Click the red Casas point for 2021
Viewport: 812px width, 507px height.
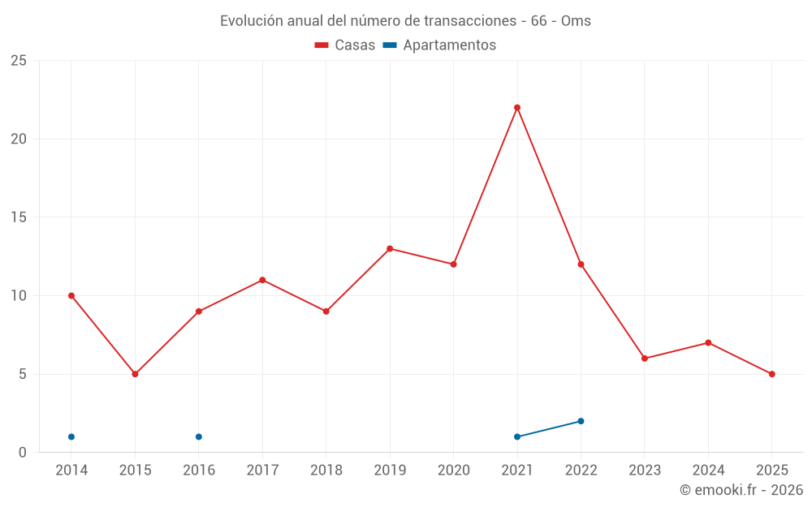pos(517,108)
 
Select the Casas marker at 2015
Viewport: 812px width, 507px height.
pos(135,374)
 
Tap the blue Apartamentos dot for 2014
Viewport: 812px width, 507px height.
pos(71,436)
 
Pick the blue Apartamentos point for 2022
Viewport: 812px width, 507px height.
pos(581,421)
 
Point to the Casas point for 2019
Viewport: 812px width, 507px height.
pos(390,248)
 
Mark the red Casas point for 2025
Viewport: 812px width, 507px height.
pos(771,374)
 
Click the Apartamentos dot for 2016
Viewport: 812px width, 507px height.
pos(199,436)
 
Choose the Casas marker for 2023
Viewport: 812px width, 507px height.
pos(645,359)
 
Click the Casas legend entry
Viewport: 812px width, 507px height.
pos(345,45)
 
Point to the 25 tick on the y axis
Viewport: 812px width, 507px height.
pos(18,61)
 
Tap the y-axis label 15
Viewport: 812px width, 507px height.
pos(18,217)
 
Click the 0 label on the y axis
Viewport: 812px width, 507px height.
pos(22,452)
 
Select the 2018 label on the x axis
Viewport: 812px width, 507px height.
pos(326,470)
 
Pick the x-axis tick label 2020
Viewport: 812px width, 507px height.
pos(454,470)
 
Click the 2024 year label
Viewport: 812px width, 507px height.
pos(708,470)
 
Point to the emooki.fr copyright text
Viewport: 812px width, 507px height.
pos(741,490)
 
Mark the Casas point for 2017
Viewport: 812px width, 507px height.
pos(262,280)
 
